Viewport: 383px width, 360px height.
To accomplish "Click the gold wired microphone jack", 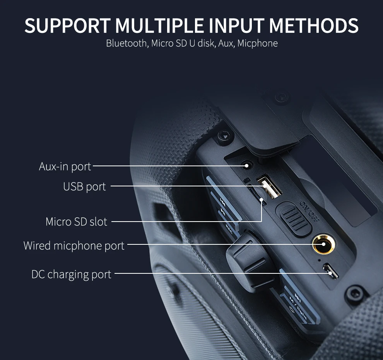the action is tap(323, 244).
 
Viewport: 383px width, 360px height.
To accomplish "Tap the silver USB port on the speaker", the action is tap(269, 186).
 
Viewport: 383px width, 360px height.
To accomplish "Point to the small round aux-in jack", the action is tap(247, 166).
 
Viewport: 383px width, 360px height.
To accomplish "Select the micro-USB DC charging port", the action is tap(331, 271).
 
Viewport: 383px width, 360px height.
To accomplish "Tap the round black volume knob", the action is tap(250, 260).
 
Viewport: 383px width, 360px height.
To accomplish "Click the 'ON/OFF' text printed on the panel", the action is tap(310, 212).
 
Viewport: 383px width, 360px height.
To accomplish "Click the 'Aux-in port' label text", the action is tap(65, 166).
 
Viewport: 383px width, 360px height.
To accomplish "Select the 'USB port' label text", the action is tap(84, 186).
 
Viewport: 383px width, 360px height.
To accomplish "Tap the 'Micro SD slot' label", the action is tap(76, 222).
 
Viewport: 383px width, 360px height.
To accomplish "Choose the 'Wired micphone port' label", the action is tap(74, 246).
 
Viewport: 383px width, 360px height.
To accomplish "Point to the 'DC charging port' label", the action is tap(71, 274).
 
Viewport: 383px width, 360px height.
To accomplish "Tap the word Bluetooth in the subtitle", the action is tap(126, 43).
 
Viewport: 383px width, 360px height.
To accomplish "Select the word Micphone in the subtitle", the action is tap(257, 43).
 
